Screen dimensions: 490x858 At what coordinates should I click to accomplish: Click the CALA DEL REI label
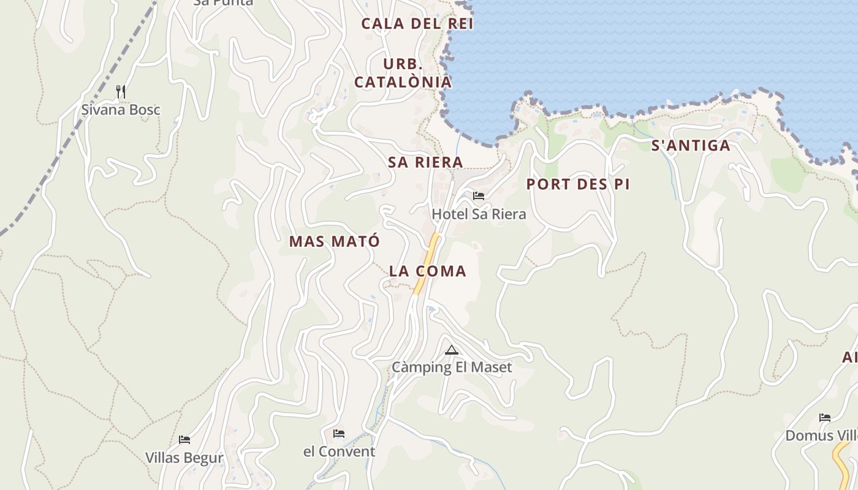417,24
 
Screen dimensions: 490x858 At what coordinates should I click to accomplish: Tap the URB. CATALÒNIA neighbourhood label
403,73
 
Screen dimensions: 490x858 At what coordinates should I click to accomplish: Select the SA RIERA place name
425,162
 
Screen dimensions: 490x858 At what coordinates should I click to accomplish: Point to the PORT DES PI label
578,184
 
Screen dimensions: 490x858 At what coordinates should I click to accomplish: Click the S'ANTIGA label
691,146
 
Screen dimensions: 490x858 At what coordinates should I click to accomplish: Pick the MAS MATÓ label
335,241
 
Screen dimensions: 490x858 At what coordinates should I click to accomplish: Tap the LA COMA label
428,271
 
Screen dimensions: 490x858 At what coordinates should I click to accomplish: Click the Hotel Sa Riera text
479,214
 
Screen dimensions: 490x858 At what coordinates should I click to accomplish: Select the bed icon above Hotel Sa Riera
479,196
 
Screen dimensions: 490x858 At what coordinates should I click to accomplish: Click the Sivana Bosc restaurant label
121,110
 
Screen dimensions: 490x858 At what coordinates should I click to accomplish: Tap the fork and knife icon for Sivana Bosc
121,92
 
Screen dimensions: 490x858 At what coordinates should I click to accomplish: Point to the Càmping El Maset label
452,367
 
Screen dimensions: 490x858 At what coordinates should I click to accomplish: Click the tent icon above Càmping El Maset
452,350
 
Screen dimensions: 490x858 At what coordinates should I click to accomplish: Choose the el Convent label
339,452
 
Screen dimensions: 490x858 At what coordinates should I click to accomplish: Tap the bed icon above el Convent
339,434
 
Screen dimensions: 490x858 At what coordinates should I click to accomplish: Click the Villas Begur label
184,458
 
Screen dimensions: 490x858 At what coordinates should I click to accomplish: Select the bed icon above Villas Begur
184,440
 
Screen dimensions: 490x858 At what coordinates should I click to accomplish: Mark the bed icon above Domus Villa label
825,418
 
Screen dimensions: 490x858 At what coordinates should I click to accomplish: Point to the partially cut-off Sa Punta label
223,2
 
